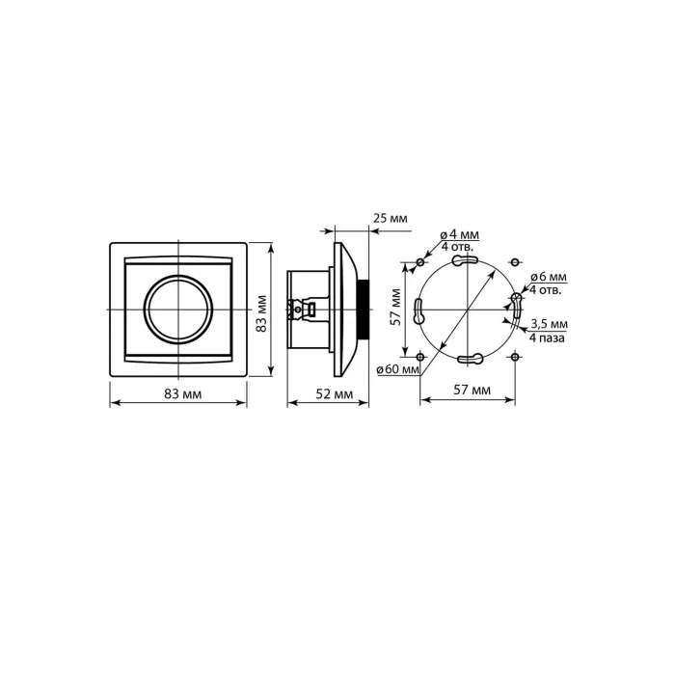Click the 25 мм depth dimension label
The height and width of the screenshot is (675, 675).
pos(390,218)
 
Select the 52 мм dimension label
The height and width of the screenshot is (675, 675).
pos(334,393)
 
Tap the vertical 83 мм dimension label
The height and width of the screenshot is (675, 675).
pos(261,313)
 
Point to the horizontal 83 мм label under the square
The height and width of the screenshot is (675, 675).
pos(182,393)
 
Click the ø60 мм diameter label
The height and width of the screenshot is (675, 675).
pos(397,369)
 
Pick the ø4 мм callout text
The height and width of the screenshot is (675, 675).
pos(459,234)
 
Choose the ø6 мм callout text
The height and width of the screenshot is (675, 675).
pos(549,277)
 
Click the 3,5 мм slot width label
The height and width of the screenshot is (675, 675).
pos(549,324)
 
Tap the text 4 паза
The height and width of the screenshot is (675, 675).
pos(547,338)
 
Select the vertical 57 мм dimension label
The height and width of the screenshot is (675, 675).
pos(396,307)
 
